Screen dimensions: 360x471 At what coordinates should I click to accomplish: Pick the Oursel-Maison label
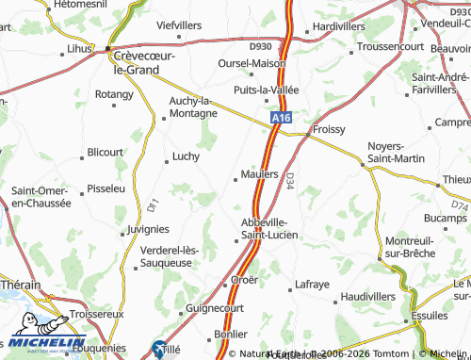(x=252, y=63)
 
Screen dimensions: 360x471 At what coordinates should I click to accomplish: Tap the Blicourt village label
(x=105, y=151)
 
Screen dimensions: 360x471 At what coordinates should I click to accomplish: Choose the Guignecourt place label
(x=216, y=308)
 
